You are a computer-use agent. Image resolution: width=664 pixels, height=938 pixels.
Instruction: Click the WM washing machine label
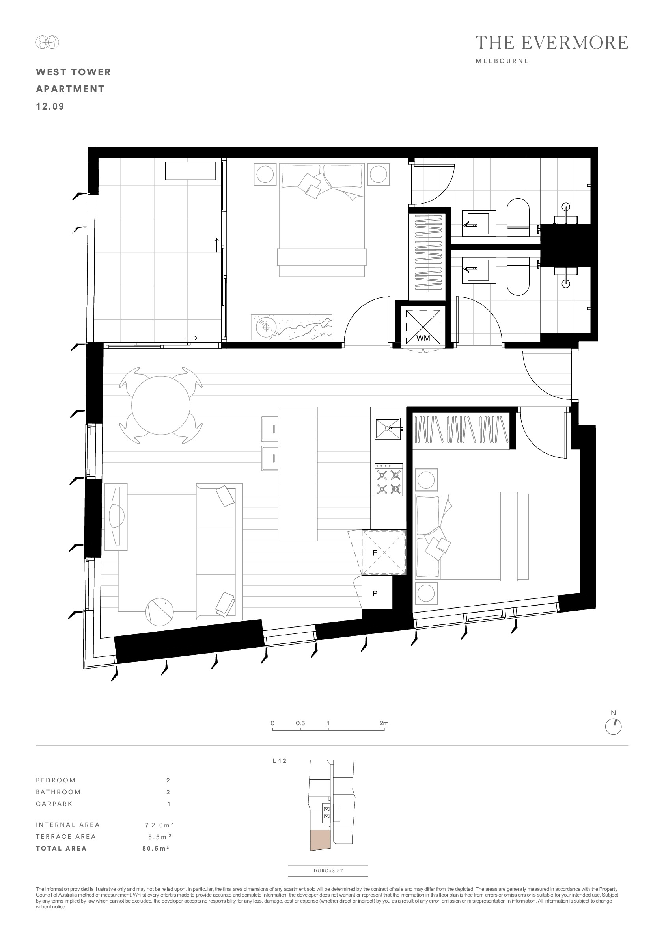point(423,338)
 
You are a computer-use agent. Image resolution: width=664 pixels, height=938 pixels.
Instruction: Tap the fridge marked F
point(384,552)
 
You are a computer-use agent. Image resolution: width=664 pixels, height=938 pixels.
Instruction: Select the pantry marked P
point(377,593)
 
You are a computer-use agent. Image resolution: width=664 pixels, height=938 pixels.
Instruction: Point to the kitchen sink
point(388,429)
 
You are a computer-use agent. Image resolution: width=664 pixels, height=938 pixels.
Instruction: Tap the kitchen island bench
point(298,474)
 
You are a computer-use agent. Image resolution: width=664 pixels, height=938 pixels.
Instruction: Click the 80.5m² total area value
point(156,848)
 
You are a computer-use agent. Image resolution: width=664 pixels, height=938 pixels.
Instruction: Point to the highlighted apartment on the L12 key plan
point(320,840)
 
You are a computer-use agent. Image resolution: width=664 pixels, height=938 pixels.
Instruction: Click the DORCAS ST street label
point(328,871)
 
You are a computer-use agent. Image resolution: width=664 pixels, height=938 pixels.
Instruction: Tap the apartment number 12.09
point(50,106)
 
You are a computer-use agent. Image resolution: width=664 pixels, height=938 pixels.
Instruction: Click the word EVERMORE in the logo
point(575,43)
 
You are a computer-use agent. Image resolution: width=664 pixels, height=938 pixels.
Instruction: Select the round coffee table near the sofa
point(159,612)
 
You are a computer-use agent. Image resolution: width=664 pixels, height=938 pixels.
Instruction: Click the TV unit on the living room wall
point(116,517)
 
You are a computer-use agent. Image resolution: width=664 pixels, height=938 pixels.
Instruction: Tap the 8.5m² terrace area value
point(159,836)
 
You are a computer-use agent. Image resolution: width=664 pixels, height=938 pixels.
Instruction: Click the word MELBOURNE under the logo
point(502,61)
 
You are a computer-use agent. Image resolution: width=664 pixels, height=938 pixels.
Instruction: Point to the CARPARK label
point(54,804)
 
